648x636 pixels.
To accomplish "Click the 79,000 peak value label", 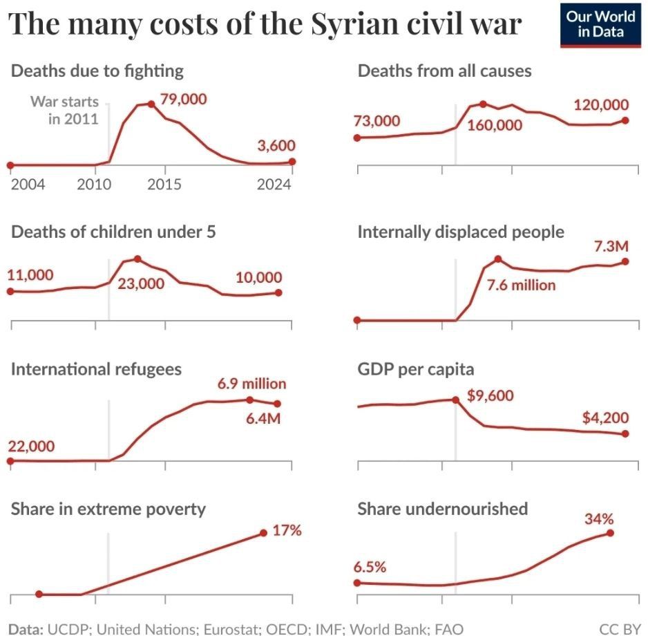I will pos(183,100).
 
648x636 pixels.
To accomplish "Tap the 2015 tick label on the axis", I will pos(164,185).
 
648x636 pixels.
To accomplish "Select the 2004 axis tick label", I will pos(28,185).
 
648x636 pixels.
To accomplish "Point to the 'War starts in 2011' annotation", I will pos(65,110).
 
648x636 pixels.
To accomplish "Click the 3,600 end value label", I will pos(276,146).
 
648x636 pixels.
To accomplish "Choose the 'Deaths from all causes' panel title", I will pos(444,71).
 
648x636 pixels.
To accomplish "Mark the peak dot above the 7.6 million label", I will pos(497,259).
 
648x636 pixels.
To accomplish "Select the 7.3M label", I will pos(611,246).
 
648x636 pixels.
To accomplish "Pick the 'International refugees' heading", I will pos(96,369).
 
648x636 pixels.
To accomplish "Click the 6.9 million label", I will pos(251,384).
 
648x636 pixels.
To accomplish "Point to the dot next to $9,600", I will pos(455,400).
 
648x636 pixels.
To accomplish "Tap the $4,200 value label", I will pos(604,418).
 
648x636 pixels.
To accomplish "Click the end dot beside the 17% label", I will pos(264,532).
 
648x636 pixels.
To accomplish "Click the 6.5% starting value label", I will pos(370,567).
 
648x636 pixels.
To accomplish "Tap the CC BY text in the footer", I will pos(620,628).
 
